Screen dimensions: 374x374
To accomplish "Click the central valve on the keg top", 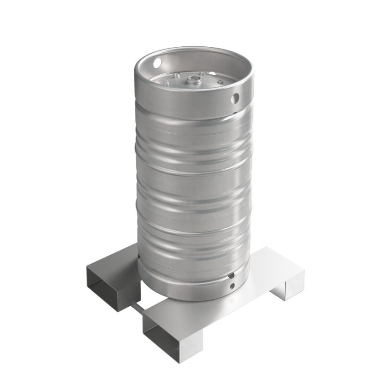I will pyautogui.click(x=191, y=80).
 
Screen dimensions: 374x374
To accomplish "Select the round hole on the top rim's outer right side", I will pyautogui.click(x=236, y=98).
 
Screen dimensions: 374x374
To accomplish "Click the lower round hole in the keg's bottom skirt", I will pyautogui.click(x=232, y=286).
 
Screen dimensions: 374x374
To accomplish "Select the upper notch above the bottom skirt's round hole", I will pyautogui.click(x=231, y=276).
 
